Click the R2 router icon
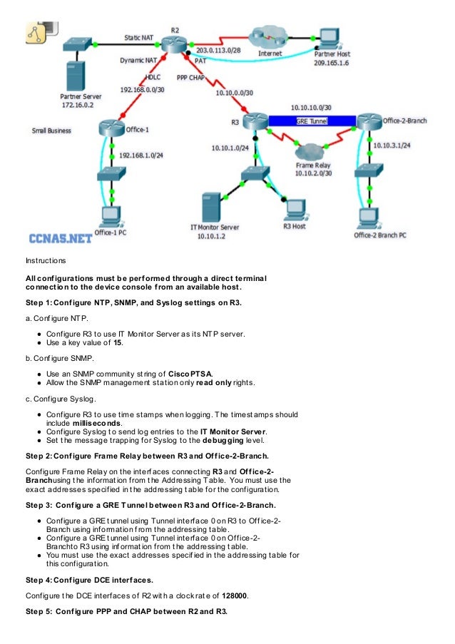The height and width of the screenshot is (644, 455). (173, 44)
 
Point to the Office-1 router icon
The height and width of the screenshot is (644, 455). (112, 128)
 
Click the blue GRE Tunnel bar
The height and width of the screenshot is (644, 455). (312, 122)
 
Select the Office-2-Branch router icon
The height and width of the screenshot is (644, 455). (369, 121)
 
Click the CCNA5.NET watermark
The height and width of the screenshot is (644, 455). (59, 238)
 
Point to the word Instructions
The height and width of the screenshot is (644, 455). (45, 260)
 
